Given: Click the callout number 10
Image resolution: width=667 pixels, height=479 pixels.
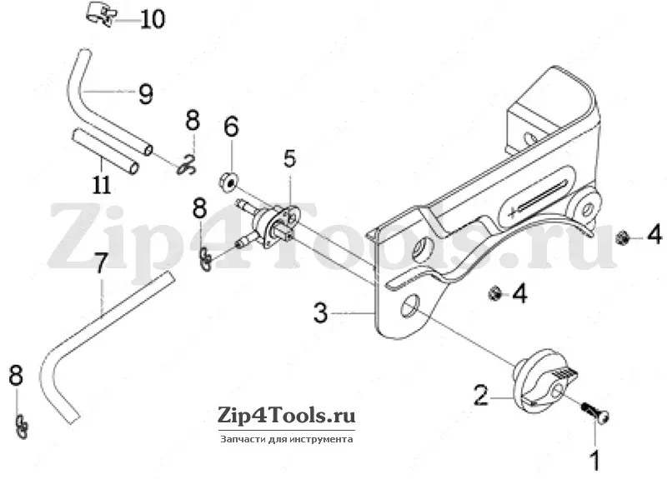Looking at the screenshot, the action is click(x=153, y=19).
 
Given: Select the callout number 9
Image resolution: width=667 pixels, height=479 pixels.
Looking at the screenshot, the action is click(x=145, y=94).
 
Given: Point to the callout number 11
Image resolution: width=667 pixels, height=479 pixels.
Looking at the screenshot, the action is click(x=102, y=184).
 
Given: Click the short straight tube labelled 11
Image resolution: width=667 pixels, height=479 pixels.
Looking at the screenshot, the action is click(x=105, y=152).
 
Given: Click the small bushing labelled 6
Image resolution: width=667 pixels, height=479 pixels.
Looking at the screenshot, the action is click(x=228, y=182).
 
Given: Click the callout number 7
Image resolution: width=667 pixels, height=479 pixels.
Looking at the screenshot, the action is click(x=100, y=262).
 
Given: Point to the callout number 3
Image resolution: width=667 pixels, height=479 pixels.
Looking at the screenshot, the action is click(x=321, y=312).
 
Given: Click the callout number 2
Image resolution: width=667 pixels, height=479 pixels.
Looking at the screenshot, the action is click(x=481, y=395).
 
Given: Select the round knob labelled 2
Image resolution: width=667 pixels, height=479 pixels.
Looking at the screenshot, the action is click(x=544, y=381).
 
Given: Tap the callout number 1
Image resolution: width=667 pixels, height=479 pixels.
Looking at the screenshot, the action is click(x=595, y=460).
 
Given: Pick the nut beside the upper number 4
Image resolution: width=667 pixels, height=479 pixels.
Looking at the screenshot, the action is click(x=622, y=237).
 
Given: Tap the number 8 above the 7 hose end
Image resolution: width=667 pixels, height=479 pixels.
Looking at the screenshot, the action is click(x=200, y=209).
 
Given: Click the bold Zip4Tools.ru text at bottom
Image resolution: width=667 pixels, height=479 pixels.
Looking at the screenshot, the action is click(x=286, y=415).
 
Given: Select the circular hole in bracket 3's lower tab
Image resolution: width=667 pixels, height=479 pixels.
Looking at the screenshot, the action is click(x=411, y=305).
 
